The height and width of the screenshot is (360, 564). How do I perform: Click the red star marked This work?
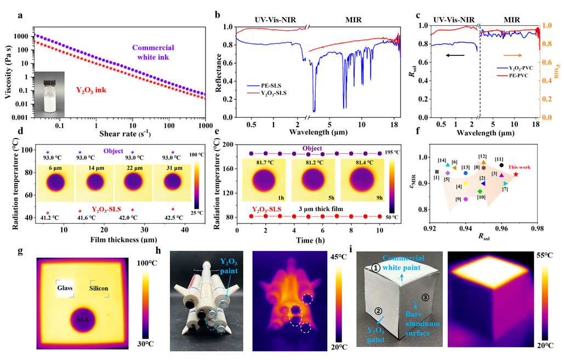(x=516, y=174)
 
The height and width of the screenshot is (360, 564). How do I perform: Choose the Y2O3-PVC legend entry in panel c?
(x=514, y=82)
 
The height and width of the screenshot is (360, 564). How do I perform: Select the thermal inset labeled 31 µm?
(x=176, y=182)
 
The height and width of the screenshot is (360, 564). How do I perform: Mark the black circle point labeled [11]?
(x=502, y=165)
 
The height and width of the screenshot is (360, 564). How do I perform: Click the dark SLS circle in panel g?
(x=83, y=319)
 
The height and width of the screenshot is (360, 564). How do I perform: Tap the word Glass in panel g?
(x=64, y=288)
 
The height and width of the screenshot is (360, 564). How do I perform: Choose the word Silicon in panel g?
(x=99, y=288)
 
